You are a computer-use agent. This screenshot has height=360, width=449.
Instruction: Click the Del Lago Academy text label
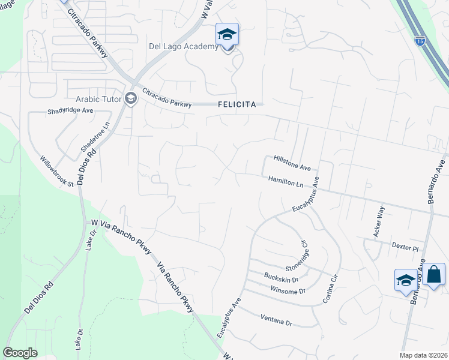coord(183,47)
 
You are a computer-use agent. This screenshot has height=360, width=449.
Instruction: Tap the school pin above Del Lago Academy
coord(227,35)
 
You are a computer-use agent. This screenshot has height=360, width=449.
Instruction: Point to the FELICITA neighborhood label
coord(237,104)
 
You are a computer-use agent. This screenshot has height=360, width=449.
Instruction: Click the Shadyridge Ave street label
coord(71,111)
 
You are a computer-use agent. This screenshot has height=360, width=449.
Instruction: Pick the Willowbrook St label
coord(56,172)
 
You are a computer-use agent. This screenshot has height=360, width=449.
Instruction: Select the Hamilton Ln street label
coord(286,181)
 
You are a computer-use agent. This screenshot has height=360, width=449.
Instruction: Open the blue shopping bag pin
coord(433,275)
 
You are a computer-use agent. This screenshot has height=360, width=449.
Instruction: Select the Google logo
coord(20,353)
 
